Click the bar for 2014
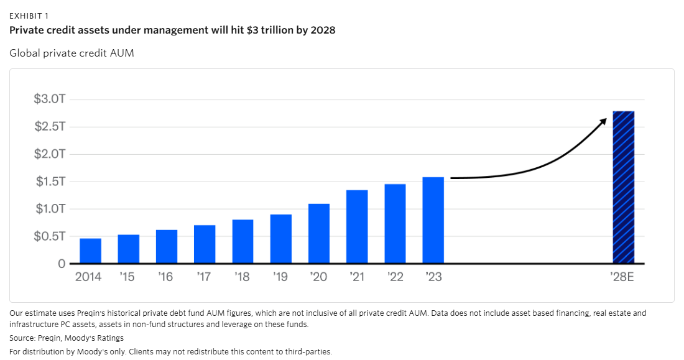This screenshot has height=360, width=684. pyautogui.click(x=90, y=251)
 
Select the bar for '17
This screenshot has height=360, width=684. pyautogui.click(x=205, y=244)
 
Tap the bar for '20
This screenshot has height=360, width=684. pyautogui.click(x=319, y=234)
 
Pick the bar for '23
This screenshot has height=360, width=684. pyautogui.click(x=433, y=220)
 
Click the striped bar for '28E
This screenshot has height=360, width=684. pyautogui.click(x=624, y=187)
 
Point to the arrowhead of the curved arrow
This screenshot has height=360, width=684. pyautogui.click(x=603, y=120)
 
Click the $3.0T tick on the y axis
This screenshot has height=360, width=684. pyautogui.click(x=50, y=99)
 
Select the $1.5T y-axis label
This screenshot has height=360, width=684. pyautogui.click(x=50, y=182)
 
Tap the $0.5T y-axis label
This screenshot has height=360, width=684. pyautogui.click(x=50, y=236)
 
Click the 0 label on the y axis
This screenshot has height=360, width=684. pyautogui.click(x=62, y=264)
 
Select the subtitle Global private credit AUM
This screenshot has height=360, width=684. pyautogui.click(x=72, y=53)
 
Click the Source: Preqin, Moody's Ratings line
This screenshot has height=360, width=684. pyautogui.click(x=67, y=338)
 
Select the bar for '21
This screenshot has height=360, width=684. pyautogui.click(x=357, y=227)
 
